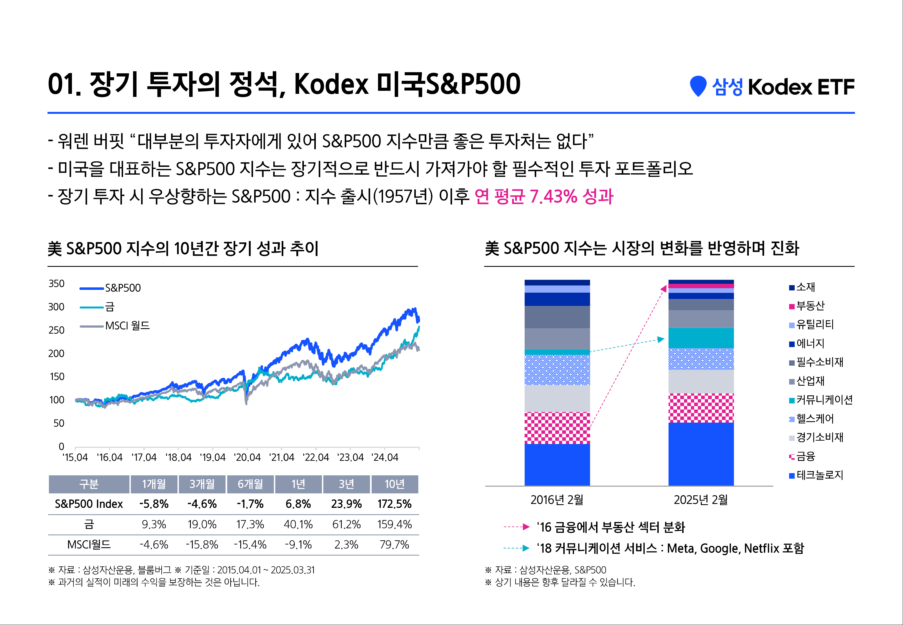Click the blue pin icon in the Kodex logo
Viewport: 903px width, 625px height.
pos(698,85)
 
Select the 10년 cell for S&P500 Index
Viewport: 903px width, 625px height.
pos(394,504)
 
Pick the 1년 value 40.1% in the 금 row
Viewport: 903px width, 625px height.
pos(298,525)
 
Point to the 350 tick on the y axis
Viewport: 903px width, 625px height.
pos(56,283)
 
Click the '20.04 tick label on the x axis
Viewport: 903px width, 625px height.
pos(247,457)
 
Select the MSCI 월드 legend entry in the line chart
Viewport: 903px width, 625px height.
pos(127,326)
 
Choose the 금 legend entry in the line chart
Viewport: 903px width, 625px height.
pos(109,307)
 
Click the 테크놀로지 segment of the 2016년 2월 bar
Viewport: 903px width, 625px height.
pos(557,465)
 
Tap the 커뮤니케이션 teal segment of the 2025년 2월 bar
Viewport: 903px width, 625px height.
pos(701,338)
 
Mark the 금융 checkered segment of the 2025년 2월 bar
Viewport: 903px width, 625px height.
pos(701,408)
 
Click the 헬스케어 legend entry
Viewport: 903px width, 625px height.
pos(815,419)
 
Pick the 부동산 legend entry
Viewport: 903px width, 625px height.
pos(810,306)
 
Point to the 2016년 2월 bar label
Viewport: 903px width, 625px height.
pos(557,500)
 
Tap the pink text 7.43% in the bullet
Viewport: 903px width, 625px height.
pos(553,197)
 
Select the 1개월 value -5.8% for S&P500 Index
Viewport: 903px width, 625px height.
pos(154,504)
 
